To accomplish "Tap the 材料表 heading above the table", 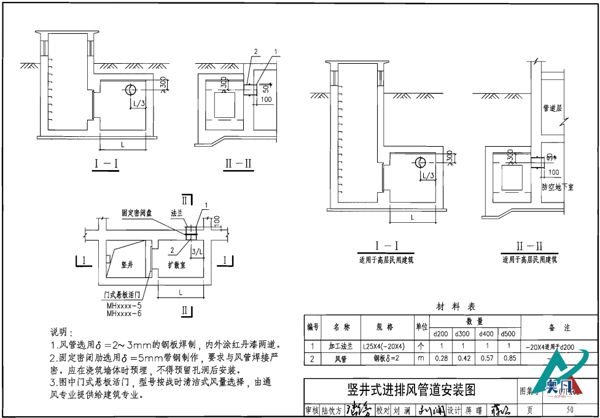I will click(x=456, y=306).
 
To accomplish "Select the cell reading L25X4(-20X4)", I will click(x=384, y=346).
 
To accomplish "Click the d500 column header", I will click(x=508, y=334).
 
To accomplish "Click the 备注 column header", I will click(x=559, y=328).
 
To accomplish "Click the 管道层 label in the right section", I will click(x=553, y=108).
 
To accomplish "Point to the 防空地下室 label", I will click(x=558, y=187).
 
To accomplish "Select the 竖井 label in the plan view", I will click(x=128, y=264).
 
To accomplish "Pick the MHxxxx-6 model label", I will click(x=124, y=313).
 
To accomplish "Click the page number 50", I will click(x=569, y=409).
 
